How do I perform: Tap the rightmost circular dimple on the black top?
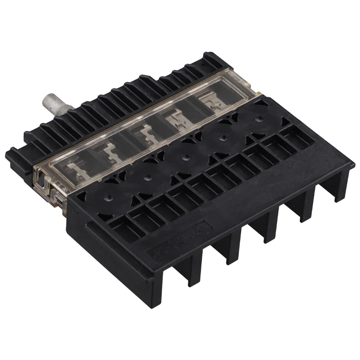pyautogui.click(x=259, y=120)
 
